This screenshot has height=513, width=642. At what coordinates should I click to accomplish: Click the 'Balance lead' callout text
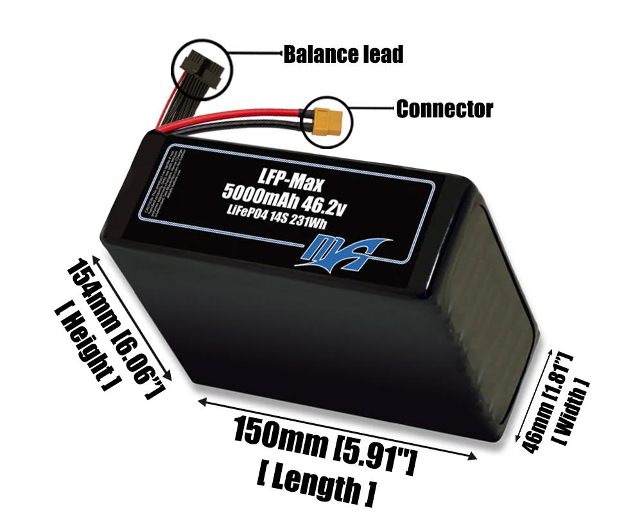pos(343,55)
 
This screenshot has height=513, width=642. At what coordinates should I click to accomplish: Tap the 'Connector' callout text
pos(444,109)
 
